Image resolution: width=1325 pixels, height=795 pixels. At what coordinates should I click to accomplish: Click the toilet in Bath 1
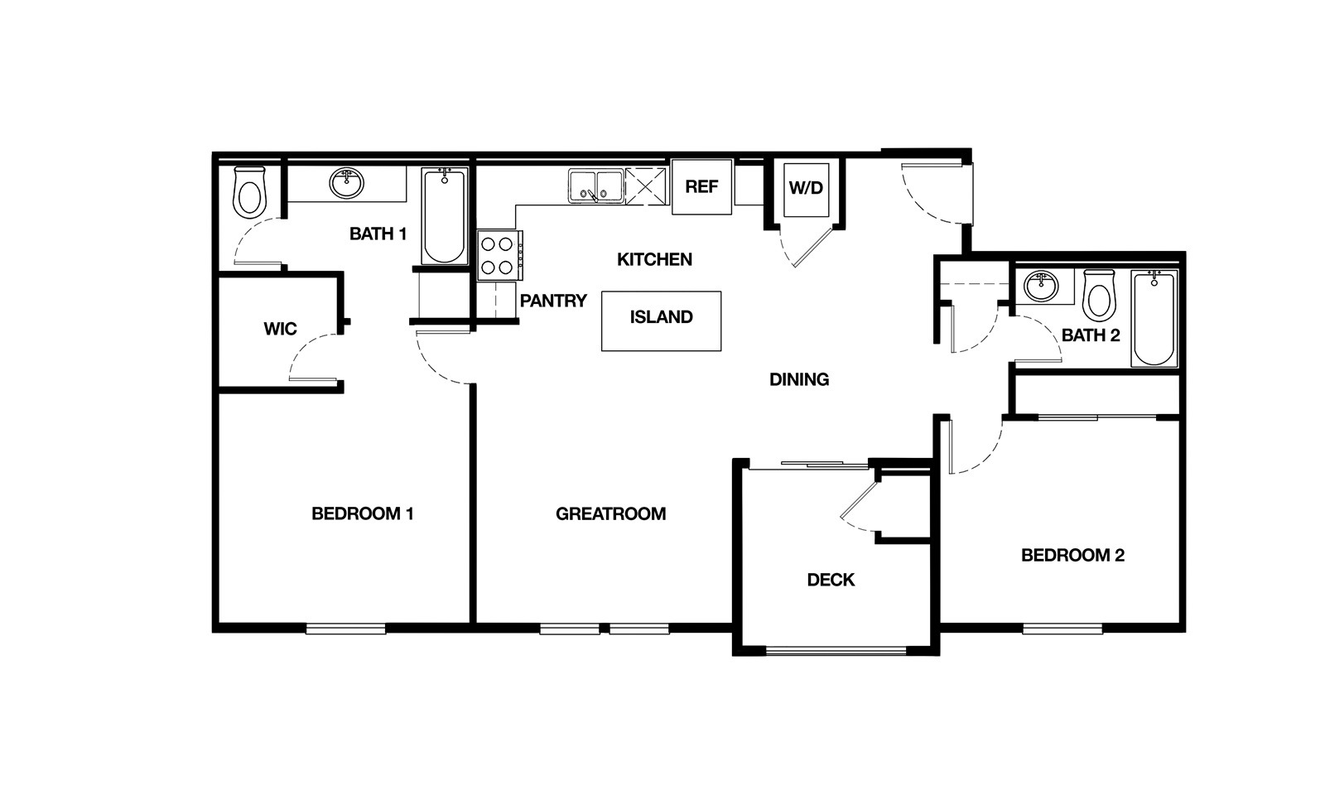pos(249,192)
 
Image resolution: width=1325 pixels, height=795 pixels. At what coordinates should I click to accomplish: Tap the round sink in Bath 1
pos(347,183)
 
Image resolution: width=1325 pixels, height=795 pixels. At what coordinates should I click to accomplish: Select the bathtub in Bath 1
pos(444,216)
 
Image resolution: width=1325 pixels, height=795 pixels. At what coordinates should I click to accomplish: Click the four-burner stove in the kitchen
pos(500,256)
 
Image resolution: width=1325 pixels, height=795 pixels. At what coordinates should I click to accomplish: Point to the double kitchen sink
pos(595,187)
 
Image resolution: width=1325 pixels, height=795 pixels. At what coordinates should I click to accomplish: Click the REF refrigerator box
pos(701,187)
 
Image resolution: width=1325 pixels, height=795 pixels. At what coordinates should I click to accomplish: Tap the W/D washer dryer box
pos(807,189)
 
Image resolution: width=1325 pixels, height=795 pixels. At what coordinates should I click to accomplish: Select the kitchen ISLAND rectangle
pos(662,321)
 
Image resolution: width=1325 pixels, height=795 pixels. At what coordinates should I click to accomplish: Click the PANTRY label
pos(553,301)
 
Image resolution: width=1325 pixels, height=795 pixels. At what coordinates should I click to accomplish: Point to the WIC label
pos(281,329)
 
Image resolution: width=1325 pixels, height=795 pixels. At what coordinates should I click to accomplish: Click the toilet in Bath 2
pos(1099,295)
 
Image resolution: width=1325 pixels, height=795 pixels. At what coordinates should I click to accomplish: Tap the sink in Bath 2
pos(1041,287)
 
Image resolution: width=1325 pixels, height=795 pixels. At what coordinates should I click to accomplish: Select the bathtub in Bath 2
pos(1154,319)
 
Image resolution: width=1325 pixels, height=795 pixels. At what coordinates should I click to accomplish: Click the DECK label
pos(831,580)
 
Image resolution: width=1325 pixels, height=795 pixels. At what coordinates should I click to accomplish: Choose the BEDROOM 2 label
pos(1072,556)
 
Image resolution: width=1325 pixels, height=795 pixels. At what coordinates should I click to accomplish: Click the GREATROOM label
pos(610,513)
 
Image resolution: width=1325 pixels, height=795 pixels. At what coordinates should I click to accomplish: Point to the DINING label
pos(798,379)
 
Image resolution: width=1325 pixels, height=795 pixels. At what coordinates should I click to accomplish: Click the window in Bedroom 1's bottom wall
pos(346,629)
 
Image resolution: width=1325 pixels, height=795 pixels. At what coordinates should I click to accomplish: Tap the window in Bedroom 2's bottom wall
pos(1062,629)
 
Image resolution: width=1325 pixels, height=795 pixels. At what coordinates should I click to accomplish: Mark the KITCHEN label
pos(654,259)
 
